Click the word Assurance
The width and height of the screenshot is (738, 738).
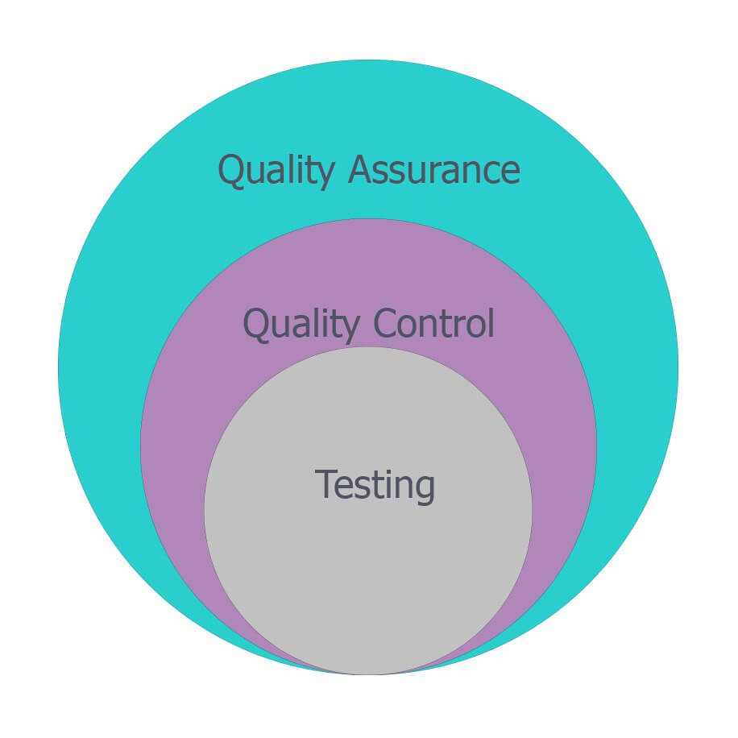point(434,171)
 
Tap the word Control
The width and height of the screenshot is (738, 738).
point(433,324)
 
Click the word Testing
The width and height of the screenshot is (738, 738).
point(375,485)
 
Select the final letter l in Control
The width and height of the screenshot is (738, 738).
point(490,322)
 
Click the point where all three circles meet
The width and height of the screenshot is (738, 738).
point(368,674)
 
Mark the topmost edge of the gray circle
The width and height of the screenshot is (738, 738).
point(368,347)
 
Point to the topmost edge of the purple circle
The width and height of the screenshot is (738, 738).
point(368,219)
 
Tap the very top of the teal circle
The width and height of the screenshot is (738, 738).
point(368,60)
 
